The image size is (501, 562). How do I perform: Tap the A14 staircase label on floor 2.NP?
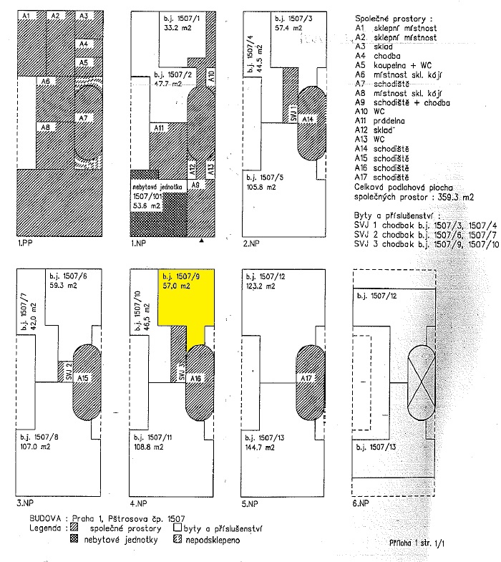(x=306, y=118)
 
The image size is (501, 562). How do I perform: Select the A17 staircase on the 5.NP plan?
(x=306, y=377)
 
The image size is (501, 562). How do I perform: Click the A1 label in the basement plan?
(x=26, y=15)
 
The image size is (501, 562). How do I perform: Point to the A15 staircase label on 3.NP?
(x=82, y=377)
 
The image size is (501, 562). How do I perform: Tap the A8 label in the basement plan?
(x=44, y=127)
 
